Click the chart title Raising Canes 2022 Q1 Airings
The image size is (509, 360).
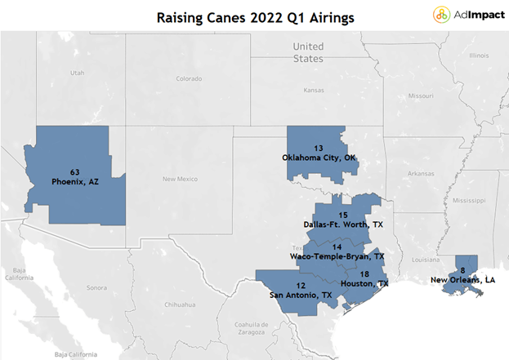pos(256,18)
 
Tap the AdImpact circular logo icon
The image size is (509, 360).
pos(441,15)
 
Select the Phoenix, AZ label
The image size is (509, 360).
pos(75,181)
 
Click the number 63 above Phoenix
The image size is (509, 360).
pos(75,172)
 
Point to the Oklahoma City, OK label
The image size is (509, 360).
pos(319,158)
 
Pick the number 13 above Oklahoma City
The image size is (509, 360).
pos(319,149)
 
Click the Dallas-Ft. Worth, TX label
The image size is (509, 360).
pos(343,224)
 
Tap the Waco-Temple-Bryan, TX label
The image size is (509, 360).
pos(337,256)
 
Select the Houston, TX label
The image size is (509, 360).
pos(364,284)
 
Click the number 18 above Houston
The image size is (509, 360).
pos(364,274)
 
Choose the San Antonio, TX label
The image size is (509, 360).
pos(301,296)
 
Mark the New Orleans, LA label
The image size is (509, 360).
pos(463,279)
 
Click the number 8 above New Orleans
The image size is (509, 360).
pos(463,270)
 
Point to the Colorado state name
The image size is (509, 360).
pos(189,78)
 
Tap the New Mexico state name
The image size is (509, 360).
pos(181,179)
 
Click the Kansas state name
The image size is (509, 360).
pos(314,90)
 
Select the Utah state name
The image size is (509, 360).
pos(78,73)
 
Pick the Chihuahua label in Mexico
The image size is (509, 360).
pos(180,304)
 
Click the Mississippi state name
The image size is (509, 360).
pos(469,201)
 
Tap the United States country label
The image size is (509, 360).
pos(308,52)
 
